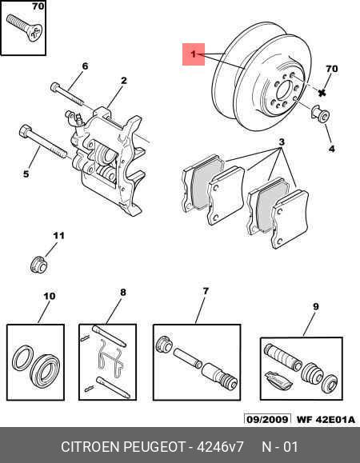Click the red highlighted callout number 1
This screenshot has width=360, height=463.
192,54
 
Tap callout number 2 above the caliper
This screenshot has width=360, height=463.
124,80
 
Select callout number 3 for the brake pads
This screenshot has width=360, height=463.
281,143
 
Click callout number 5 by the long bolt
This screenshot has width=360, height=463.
25,174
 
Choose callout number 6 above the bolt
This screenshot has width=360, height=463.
85,66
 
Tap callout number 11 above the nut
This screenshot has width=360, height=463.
57,235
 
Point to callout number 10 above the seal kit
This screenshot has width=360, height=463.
49,297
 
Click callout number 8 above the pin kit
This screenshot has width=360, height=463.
123,293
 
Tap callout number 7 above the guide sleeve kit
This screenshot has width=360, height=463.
205,290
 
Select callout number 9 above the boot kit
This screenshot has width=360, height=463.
315,306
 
